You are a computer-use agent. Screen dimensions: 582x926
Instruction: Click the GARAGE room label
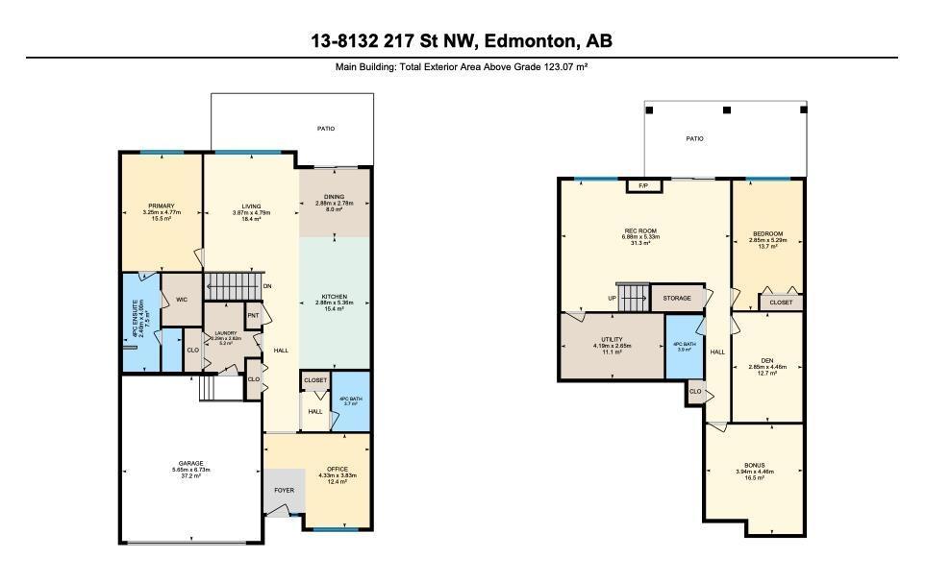pos(189,463)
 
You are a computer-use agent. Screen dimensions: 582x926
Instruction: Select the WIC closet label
pos(181,300)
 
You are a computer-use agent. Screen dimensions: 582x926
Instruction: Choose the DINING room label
pos(334,197)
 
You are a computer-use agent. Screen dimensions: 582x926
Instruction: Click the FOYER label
pos(284,490)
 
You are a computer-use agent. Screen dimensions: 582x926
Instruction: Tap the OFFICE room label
pos(338,469)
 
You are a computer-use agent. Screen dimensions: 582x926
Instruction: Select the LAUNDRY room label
pos(225,333)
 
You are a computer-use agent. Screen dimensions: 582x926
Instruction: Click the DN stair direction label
pos(266,286)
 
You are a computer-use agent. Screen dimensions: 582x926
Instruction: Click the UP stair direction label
pos(613,298)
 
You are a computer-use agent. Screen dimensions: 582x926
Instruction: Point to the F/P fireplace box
pos(642,185)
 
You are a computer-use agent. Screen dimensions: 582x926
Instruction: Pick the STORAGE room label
pos(677,298)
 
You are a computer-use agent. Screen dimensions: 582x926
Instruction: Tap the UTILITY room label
pos(612,340)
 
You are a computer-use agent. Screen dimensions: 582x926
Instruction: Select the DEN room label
pos(766,361)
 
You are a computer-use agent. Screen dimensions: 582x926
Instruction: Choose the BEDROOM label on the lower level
pos(767,234)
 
